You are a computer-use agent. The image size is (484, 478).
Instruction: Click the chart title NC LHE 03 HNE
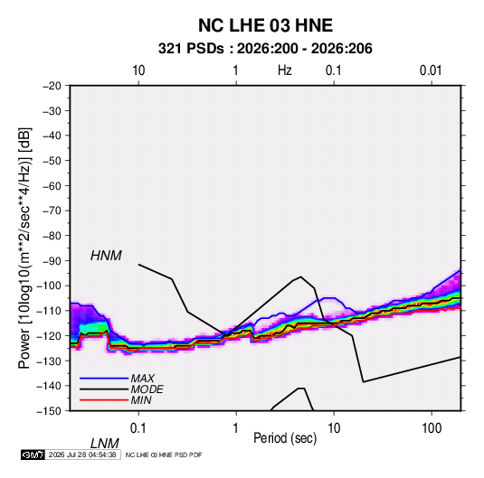click(265, 25)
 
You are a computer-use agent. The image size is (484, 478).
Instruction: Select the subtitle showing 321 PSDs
click(265, 49)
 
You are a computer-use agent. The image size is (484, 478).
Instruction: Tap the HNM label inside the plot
click(106, 256)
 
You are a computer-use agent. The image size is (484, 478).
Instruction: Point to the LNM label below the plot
click(104, 444)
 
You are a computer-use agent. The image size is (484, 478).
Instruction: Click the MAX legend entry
click(142, 379)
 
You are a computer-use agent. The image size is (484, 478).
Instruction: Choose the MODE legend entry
click(147, 389)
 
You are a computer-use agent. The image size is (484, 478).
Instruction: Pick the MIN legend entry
click(141, 400)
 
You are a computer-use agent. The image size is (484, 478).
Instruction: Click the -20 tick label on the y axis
click(52, 86)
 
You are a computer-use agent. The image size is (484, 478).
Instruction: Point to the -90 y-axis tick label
click(52, 261)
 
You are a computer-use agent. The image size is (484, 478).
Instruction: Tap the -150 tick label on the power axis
click(49, 411)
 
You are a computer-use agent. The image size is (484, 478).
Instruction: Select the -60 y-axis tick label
click(52, 186)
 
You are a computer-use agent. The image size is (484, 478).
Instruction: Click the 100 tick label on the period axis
click(432, 428)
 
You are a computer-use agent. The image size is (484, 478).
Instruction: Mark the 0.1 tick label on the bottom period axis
click(138, 428)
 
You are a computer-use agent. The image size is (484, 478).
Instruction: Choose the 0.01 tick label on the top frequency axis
click(431, 70)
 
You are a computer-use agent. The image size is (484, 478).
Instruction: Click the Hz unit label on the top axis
click(285, 70)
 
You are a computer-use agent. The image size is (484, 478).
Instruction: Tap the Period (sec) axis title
click(285, 438)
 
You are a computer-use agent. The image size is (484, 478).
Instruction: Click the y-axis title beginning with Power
click(24, 248)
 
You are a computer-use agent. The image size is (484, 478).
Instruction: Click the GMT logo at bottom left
click(33, 455)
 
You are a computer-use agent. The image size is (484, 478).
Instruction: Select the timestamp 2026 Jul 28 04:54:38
click(82, 455)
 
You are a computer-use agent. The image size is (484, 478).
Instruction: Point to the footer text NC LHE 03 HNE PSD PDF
click(164, 455)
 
